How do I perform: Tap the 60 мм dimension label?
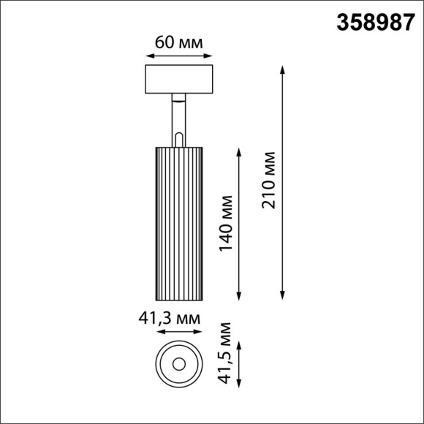(x=178, y=42)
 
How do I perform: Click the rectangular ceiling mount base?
(x=178, y=79)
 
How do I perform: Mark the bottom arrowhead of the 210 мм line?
(x=283, y=295)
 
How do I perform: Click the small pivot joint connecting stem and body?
(x=178, y=138)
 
